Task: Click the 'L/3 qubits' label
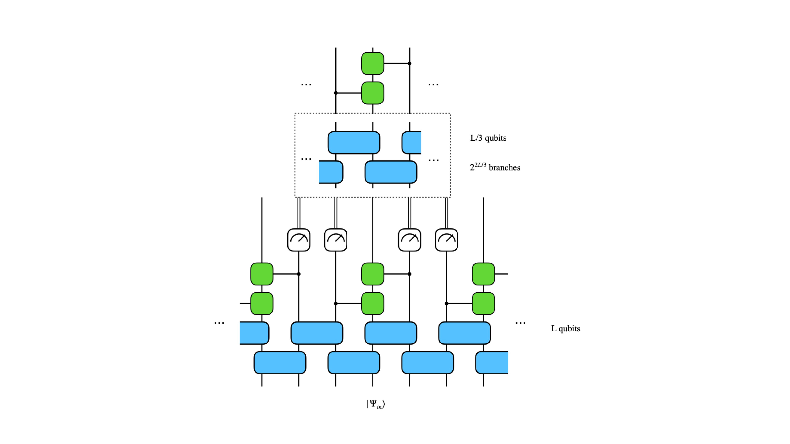(488, 138)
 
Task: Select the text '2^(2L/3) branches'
(495, 167)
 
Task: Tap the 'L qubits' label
(565, 329)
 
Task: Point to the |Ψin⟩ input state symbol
(376, 404)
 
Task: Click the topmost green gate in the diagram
(373, 63)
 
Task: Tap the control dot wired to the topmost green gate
(409, 63)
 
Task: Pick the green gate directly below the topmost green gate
(373, 93)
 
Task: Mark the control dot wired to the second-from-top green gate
(336, 93)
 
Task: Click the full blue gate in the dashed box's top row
(354, 142)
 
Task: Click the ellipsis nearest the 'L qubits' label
(520, 323)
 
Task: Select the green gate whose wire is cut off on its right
(483, 274)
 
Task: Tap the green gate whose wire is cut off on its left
(262, 303)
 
